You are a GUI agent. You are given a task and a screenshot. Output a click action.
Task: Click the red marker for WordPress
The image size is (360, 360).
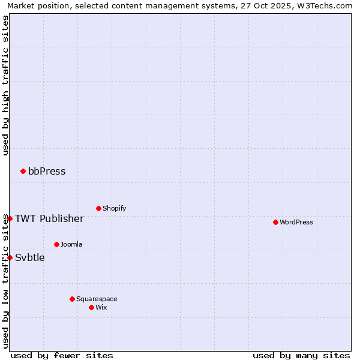pyautogui.click(x=275, y=222)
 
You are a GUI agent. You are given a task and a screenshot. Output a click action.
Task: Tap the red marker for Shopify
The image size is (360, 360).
pyautogui.click(x=98, y=208)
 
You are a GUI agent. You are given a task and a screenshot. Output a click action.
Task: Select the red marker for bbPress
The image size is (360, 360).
pyautogui.click(x=23, y=171)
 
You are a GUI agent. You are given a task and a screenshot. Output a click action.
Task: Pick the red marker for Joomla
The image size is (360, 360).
pyautogui.click(x=56, y=244)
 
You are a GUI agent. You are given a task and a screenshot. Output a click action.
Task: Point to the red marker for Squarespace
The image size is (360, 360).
pyautogui.click(x=72, y=299)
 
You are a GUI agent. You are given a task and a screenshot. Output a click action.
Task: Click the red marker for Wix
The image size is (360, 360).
pyautogui.click(x=91, y=307)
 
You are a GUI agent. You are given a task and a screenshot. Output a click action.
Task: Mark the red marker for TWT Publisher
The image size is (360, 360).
pyautogui.click(x=10, y=218)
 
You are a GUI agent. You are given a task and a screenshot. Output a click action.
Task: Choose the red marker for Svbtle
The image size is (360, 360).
pyautogui.click(x=10, y=257)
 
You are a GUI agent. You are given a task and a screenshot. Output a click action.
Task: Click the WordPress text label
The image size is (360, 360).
pyautogui.click(x=296, y=222)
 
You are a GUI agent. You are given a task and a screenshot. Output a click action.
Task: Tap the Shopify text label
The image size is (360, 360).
pyautogui.click(x=115, y=208)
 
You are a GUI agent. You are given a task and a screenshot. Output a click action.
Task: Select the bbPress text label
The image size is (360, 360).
pyautogui.click(x=47, y=171)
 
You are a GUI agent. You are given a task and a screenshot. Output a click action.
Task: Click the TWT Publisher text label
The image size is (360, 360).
pyautogui.click(x=49, y=218)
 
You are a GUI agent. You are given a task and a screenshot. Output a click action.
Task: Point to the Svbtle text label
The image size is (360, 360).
pyautogui.click(x=30, y=257)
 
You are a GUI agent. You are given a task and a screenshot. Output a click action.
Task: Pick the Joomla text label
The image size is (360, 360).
pyautogui.click(x=71, y=244)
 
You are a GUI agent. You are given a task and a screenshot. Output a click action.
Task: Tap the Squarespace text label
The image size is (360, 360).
pyautogui.click(x=97, y=299)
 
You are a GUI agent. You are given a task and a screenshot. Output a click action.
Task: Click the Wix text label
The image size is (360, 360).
pyautogui.click(x=101, y=307)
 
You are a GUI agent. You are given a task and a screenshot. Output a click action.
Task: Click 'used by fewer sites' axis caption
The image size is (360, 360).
pyautogui.click(x=62, y=355)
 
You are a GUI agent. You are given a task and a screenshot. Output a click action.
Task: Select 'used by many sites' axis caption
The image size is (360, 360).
pyautogui.click(x=301, y=355)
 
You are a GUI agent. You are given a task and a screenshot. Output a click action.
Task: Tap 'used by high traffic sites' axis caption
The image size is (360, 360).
pyautogui.click(x=5, y=85)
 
